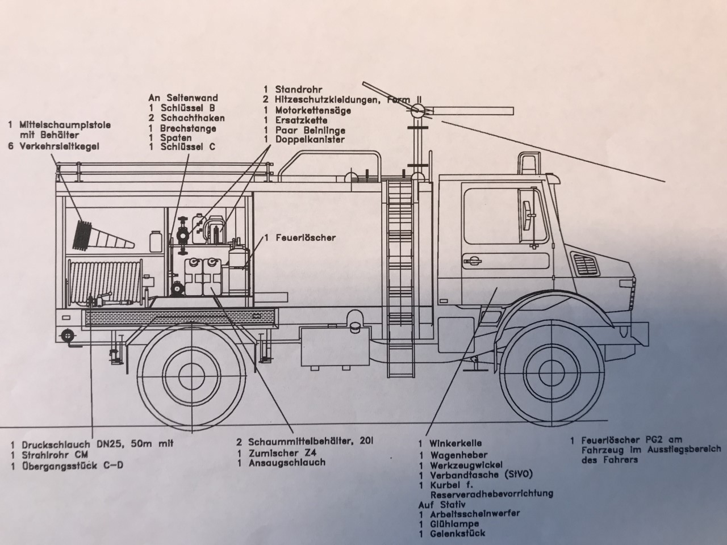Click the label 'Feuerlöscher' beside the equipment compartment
click(x=305, y=237)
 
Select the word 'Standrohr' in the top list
click(x=299, y=89)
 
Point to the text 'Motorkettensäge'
click(x=313, y=110)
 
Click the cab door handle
click(x=471, y=261)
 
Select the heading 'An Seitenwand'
click(x=183, y=98)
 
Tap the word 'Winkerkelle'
click(x=456, y=443)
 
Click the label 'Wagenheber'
click(x=458, y=455)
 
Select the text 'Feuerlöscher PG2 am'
click(x=626, y=439)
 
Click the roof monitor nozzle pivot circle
click(x=417, y=111)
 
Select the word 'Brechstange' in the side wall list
click(x=188, y=128)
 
